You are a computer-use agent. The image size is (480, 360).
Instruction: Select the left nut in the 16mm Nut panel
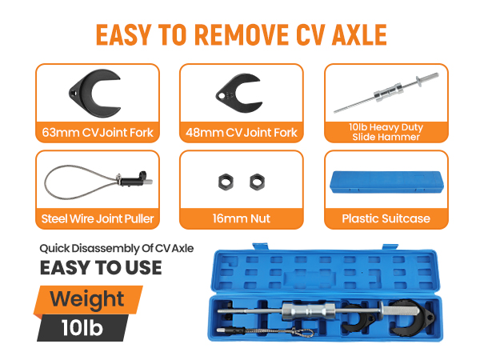(226, 182)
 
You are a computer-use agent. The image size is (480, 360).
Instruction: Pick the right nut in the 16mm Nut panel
(257, 182)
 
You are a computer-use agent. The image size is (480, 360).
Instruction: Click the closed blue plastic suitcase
(386, 182)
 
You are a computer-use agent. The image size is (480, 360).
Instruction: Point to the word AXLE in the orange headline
(360, 35)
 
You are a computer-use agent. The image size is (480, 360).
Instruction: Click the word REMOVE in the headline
(242, 35)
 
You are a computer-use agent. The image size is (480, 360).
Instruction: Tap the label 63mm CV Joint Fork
(98, 133)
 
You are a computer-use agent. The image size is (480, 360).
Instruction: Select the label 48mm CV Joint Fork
(242, 133)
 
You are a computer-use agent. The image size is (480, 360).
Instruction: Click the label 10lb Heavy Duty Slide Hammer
(386, 132)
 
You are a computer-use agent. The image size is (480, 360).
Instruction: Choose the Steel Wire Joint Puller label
(98, 219)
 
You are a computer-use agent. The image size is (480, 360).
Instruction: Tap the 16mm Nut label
(242, 218)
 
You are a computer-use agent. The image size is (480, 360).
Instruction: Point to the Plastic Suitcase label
(386, 218)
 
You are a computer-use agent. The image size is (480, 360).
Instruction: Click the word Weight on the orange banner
(87, 299)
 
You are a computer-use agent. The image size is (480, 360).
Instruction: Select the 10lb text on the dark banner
(82, 328)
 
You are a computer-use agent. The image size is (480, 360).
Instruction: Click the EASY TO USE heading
(101, 267)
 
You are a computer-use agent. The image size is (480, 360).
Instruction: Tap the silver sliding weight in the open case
(308, 311)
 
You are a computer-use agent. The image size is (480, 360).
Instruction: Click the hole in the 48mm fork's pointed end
(221, 96)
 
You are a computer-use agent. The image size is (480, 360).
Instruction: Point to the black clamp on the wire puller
(133, 180)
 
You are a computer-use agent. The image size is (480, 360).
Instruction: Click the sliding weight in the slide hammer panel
(388, 91)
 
